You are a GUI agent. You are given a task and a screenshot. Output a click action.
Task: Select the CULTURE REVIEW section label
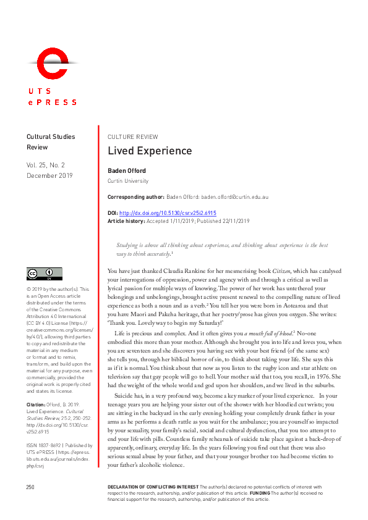click(x=132, y=136)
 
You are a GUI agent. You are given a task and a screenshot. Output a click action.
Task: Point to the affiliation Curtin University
click(x=128, y=181)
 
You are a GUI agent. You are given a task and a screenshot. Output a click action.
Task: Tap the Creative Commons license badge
click(x=44, y=273)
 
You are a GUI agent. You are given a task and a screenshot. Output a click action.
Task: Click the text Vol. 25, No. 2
click(x=49, y=166)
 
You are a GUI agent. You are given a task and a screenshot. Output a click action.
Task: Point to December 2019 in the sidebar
click(x=49, y=176)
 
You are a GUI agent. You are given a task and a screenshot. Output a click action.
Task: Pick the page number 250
click(x=30, y=487)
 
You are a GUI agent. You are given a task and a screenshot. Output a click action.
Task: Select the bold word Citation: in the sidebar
click(x=36, y=387)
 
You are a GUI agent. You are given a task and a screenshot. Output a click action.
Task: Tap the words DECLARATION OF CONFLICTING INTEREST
click(x=145, y=487)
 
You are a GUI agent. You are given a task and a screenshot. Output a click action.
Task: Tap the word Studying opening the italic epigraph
click(x=127, y=245)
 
